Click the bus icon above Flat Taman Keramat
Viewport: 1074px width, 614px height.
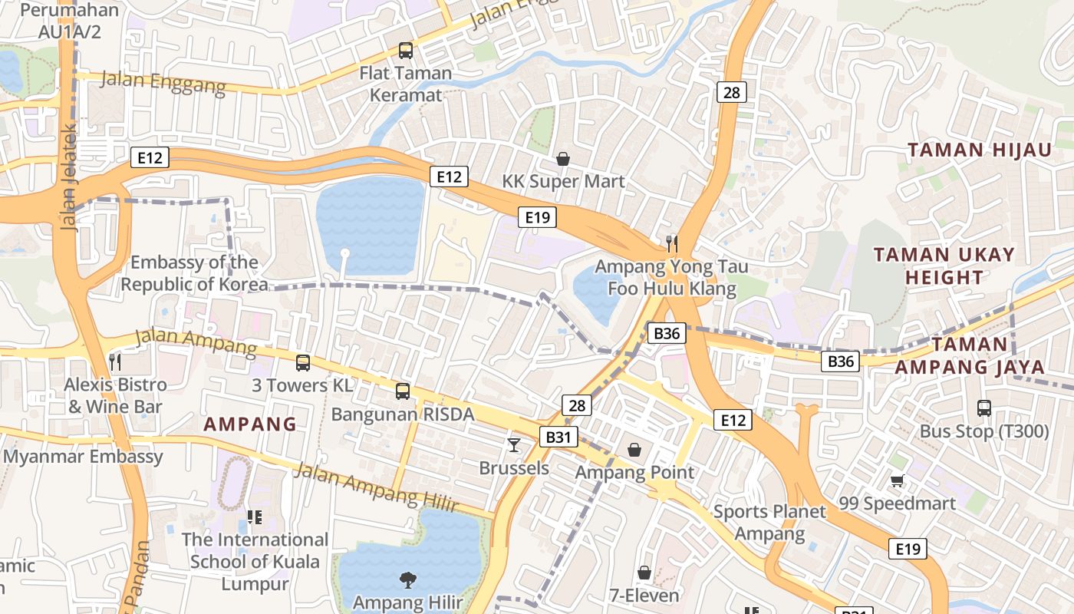pos(405,51)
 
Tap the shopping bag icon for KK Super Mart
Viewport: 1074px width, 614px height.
pos(563,159)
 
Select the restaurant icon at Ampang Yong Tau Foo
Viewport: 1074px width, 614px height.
pos(672,244)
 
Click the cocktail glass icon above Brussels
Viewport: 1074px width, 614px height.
pos(514,444)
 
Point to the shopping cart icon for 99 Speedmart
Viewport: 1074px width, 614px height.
pos(897,480)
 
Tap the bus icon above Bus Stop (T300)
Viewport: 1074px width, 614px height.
pos(984,408)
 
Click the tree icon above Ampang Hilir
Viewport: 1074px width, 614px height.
pos(407,579)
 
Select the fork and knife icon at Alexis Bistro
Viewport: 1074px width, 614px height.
pos(115,361)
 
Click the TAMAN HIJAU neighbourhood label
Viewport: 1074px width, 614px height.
pos(980,150)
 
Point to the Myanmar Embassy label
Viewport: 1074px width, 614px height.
pos(83,457)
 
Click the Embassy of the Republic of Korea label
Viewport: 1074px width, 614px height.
pos(195,273)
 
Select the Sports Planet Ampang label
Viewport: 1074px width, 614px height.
pos(769,523)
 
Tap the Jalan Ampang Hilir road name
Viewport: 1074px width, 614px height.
pos(376,488)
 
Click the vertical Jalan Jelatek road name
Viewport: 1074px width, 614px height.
pos(68,177)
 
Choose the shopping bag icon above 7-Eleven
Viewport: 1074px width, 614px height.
pos(644,573)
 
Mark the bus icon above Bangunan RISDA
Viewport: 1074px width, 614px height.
pos(403,391)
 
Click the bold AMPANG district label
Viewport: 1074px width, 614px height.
pos(250,424)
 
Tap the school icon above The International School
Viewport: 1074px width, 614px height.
pos(255,517)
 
